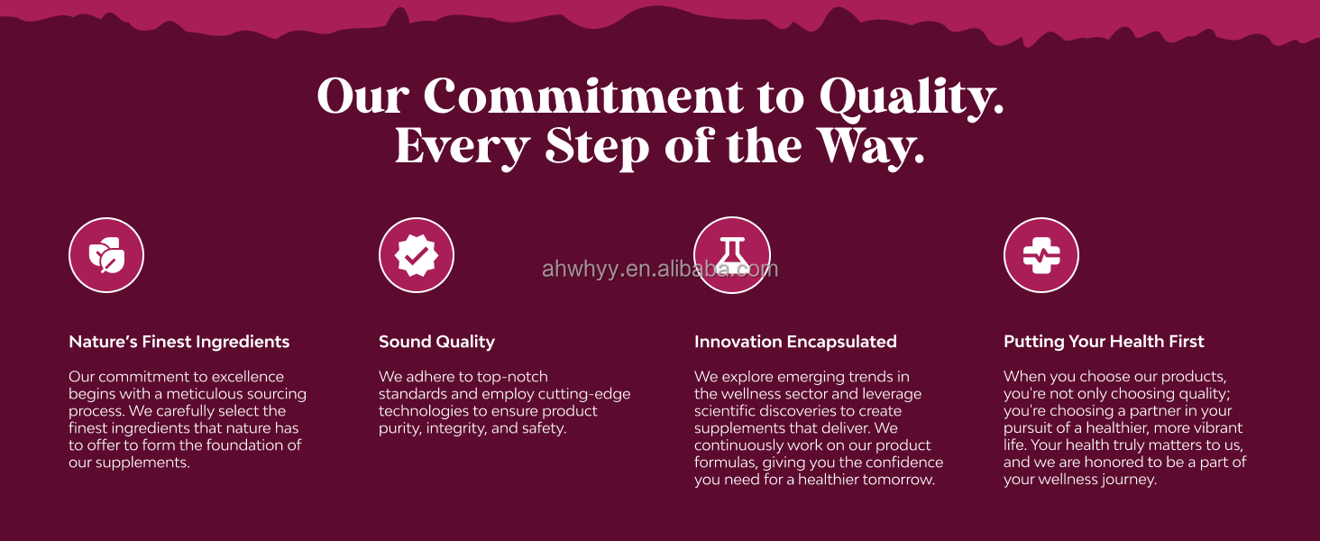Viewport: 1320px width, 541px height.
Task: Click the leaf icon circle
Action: pos(106,255)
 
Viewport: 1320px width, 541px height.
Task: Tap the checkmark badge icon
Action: pos(416,255)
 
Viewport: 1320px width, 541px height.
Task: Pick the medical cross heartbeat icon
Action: pos(1041,255)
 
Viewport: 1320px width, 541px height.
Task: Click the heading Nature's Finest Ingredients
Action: pos(179,342)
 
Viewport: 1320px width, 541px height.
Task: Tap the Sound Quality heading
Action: pos(436,342)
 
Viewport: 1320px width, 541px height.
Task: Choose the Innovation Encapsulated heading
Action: pos(795,342)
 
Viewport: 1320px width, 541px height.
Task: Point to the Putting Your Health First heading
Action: pos(1104,342)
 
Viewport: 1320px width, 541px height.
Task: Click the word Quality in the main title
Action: pos(912,96)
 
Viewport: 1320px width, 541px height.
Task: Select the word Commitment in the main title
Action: pos(583,96)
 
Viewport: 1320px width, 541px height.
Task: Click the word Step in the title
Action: pos(596,147)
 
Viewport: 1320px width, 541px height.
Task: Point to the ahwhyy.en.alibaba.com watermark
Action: pos(660,270)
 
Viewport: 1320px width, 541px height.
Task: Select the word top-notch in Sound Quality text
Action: pos(513,377)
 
